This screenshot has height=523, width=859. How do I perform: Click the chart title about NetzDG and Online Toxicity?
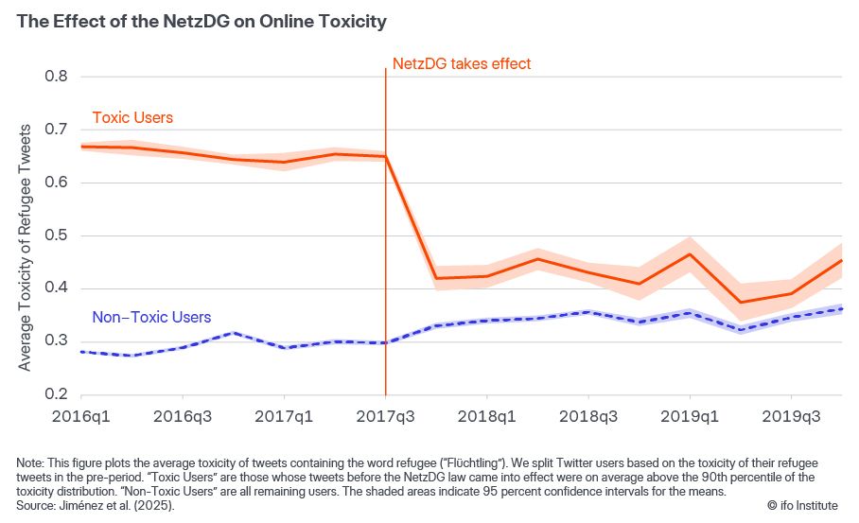click(x=202, y=21)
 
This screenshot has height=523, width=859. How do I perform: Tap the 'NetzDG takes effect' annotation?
click(x=462, y=64)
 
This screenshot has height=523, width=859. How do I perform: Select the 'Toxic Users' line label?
click(x=132, y=118)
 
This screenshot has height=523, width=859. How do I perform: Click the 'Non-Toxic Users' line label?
click(x=151, y=318)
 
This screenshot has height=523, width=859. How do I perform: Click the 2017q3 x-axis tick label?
click(x=385, y=416)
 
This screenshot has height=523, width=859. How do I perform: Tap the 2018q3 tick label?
click(x=587, y=416)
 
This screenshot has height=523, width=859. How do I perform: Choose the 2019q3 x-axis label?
click(x=791, y=416)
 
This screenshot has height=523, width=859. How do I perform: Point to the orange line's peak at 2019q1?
click(x=690, y=253)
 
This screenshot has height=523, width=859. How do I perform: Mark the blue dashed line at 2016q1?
click(x=81, y=351)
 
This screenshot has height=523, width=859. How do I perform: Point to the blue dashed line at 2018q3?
click(x=587, y=312)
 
